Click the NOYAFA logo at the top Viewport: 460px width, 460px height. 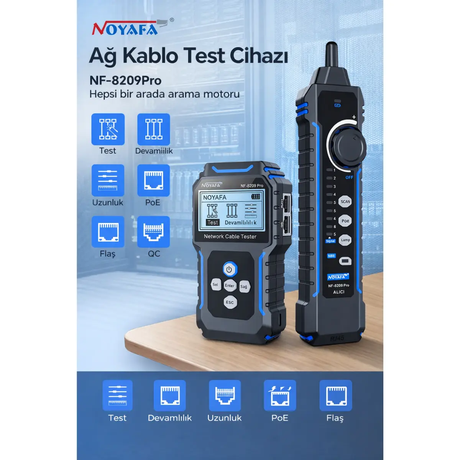pos(125,28)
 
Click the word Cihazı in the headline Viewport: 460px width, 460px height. pos(259,56)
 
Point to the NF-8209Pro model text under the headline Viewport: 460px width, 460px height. pos(125,80)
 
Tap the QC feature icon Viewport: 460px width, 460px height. pos(153,232)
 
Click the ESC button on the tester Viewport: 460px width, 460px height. pos(230,302)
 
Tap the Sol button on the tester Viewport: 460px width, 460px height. pos(215,284)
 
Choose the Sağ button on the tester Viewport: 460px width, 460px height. pos(244,286)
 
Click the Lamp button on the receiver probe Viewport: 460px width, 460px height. pos(345,240)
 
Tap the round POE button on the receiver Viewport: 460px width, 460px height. pos(345,221)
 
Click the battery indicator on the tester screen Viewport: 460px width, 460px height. pos(256,196)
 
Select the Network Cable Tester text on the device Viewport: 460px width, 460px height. pos(230,237)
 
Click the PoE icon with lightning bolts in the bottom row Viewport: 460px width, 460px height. pos(280,396)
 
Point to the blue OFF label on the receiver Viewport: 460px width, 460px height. pos(349,177)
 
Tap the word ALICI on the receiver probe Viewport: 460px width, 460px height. pos(338,292)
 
